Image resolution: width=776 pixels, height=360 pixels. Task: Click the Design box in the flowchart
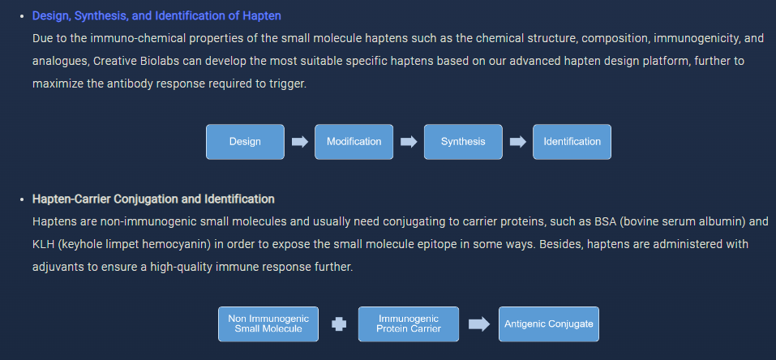point(245,142)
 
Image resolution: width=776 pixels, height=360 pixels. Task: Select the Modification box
point(354,142)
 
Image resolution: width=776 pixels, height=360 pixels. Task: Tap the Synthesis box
point(463,142)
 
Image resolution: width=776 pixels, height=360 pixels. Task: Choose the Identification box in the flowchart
point(572,142)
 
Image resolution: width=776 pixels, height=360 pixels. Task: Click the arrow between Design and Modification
point(300,142)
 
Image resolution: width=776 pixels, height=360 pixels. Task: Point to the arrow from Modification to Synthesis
point(409,142)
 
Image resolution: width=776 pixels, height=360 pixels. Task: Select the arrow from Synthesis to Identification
point(517,142)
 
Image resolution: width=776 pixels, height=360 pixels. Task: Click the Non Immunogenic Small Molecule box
point(268,324)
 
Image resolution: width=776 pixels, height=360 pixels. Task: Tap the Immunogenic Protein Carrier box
point(409,324)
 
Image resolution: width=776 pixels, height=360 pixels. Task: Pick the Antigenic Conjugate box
point(549,324)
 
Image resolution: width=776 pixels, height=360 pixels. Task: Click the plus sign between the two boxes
point(339,324)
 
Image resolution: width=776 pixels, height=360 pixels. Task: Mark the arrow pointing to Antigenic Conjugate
point(479,324)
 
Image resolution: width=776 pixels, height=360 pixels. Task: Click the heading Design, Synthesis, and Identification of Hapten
point(156,16)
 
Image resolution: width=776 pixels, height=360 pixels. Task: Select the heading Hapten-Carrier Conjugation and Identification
point(153,199)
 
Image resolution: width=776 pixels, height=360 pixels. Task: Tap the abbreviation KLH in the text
point(43,244)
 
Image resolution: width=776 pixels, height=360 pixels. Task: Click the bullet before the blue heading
point(22,16)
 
